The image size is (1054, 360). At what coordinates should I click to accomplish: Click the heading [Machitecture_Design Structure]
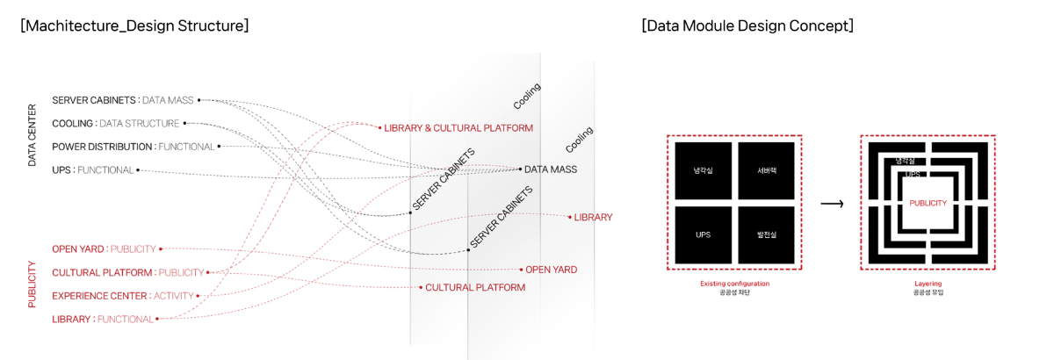point(134,25)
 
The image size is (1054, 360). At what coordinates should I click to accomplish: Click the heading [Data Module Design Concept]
point(747,25)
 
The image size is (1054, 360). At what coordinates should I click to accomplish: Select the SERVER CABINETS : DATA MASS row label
point(122,100)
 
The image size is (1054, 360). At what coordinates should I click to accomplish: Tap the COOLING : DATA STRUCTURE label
point(115,124)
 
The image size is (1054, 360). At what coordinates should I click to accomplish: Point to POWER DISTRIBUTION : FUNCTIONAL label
point(133,147)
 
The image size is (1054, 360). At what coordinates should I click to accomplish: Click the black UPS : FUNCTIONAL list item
point(92,170)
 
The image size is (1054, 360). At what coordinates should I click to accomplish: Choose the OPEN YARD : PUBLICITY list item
point(104,249)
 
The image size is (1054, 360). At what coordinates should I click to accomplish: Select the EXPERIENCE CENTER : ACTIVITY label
point(122,296)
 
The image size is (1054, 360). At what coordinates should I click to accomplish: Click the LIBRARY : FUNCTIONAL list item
point(102,320)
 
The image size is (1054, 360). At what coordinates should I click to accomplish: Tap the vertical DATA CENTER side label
point(32,135)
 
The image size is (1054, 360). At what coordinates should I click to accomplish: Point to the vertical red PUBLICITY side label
point(32,284)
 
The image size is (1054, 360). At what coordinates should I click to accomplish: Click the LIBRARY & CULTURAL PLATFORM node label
point(458,128)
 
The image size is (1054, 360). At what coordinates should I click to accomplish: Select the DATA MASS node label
point(551,169)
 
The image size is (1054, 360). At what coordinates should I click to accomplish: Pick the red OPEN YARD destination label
point(551,270)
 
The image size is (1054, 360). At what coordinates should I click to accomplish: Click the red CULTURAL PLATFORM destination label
point(475,288)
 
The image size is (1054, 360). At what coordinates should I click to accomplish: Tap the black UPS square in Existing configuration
point(703,234)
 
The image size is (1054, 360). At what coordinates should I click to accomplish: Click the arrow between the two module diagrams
point(832,204)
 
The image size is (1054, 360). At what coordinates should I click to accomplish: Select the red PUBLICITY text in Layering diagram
point(928,203)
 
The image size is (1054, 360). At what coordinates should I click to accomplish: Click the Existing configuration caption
point(734,284)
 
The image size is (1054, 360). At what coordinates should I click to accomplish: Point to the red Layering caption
point(928,284)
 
